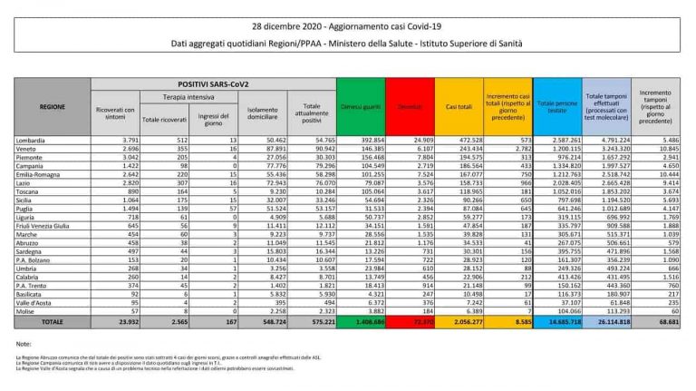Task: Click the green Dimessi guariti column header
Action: [360, 106]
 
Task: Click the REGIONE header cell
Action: [52, 106]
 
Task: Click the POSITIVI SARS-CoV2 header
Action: [213, 83]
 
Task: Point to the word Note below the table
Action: [25, 345]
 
